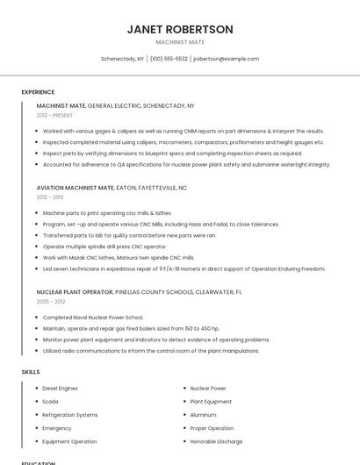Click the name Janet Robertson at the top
[180, 29]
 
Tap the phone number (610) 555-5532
[169, 59]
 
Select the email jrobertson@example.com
[227, 59]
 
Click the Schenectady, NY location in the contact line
[122, 59]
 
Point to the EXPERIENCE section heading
[38, 92]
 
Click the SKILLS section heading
[31, 372]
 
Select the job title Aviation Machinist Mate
[76, 188]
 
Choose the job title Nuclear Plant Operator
[75, 291]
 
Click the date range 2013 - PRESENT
[55, 115]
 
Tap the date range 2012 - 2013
[50, 197]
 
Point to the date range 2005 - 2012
[50, 301]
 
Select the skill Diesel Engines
[60, 388]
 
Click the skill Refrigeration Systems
[70, 415]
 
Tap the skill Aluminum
[203, 415]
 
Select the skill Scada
[50, 401]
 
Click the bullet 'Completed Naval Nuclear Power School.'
[93, 317]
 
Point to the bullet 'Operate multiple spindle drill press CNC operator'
[104, 247]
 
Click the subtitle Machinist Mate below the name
[180, 42]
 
